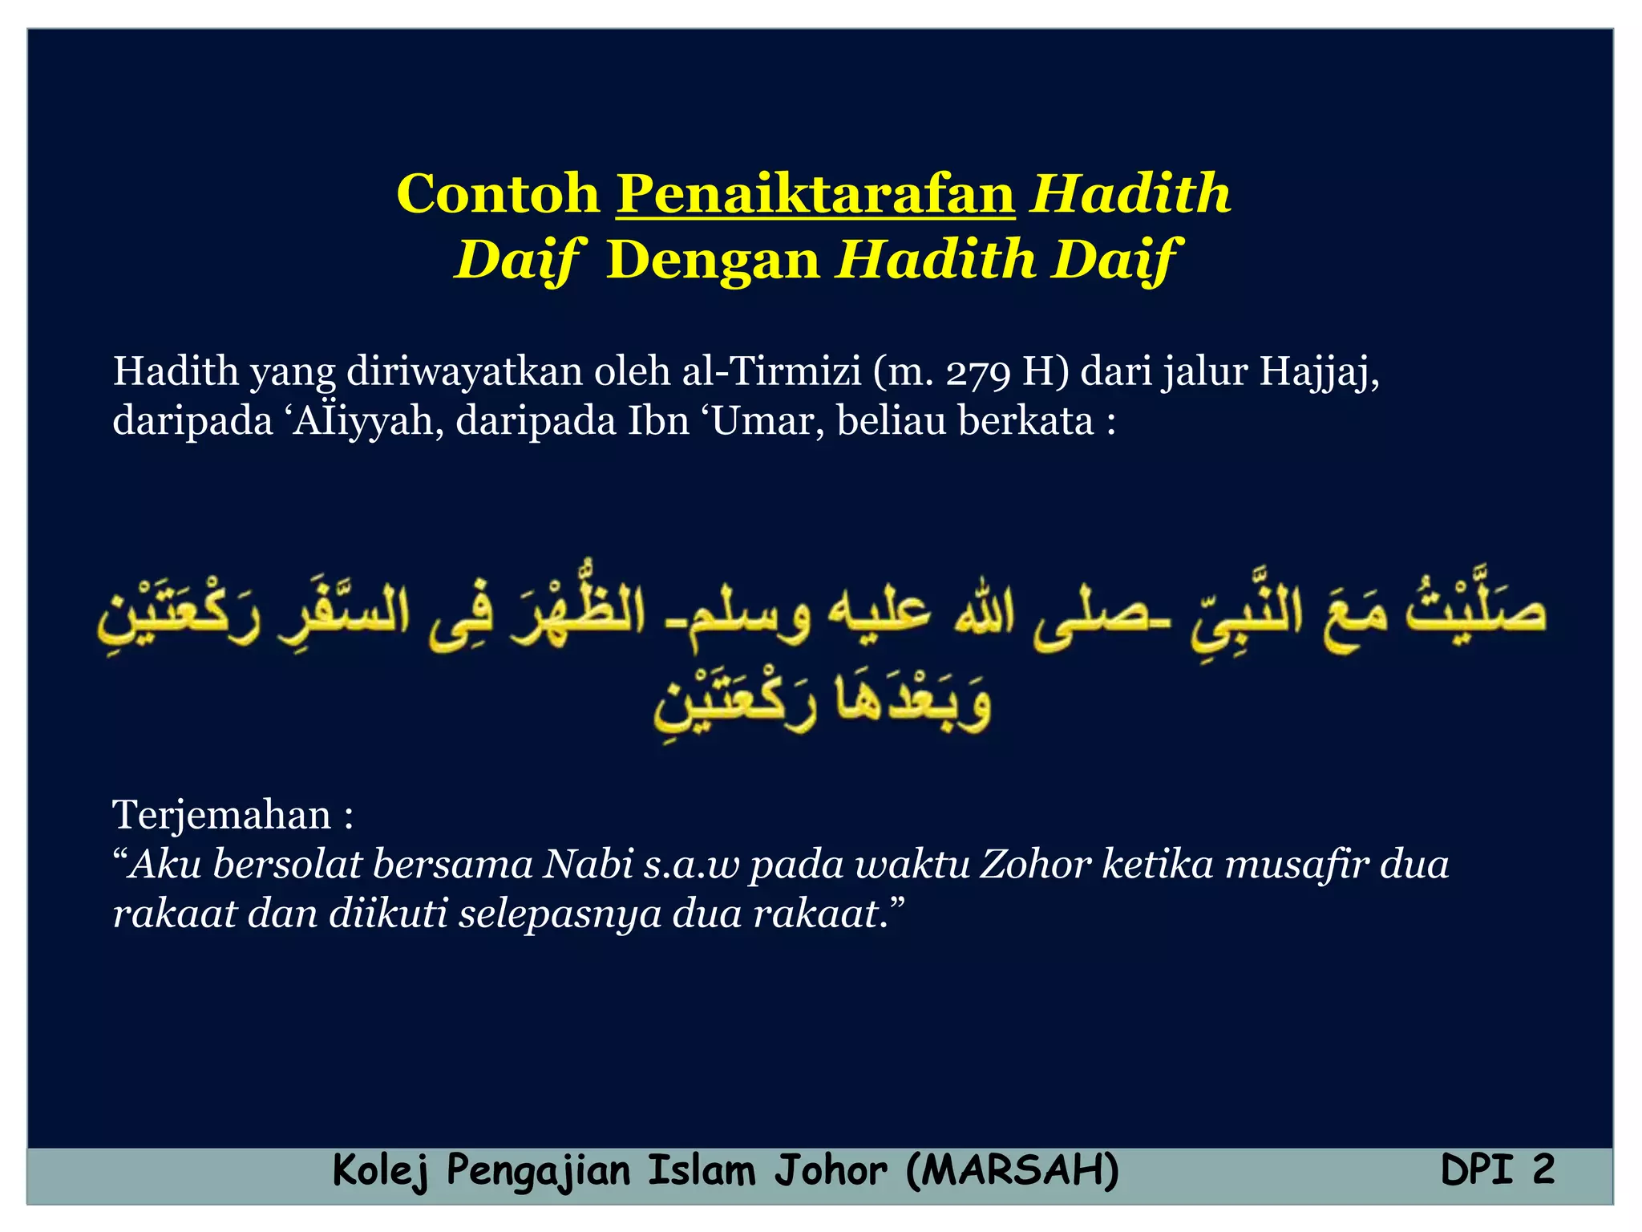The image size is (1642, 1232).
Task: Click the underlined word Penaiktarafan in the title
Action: (x=815, y=194)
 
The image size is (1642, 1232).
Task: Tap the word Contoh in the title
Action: (x=498, y=194)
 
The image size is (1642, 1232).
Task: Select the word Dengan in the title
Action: (x=713, y=260)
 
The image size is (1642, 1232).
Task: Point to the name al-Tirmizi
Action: (x=771, y=372)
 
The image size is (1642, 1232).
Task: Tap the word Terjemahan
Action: (x=222, y=816)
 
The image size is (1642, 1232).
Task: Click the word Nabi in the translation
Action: (x=588, y=865)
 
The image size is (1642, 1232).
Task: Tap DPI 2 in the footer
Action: (x=1497, y=1170)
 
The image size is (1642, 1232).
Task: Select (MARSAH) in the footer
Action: (x=1012, y=1170)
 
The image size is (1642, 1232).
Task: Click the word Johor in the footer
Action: (x=831, y=1170)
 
